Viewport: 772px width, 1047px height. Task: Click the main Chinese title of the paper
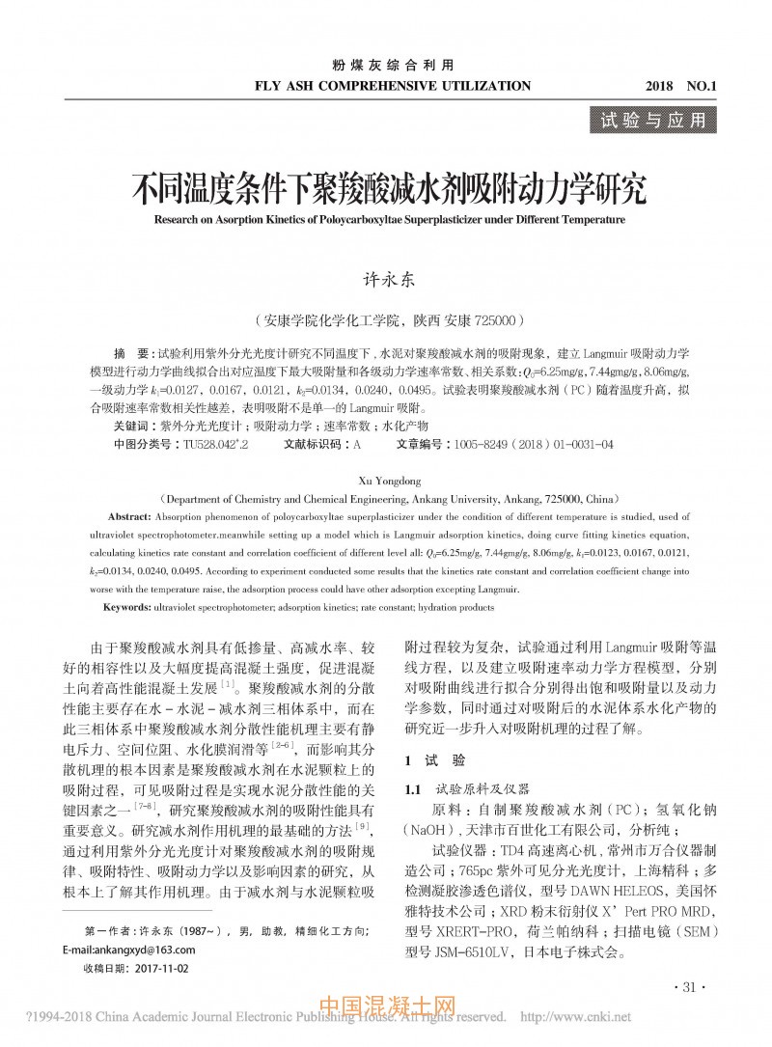coord(389,186)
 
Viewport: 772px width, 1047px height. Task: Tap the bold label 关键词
coord(131,426)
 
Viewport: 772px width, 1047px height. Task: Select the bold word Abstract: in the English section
coord(136,517)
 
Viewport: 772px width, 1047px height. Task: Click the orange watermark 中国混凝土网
coord(385,1008)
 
